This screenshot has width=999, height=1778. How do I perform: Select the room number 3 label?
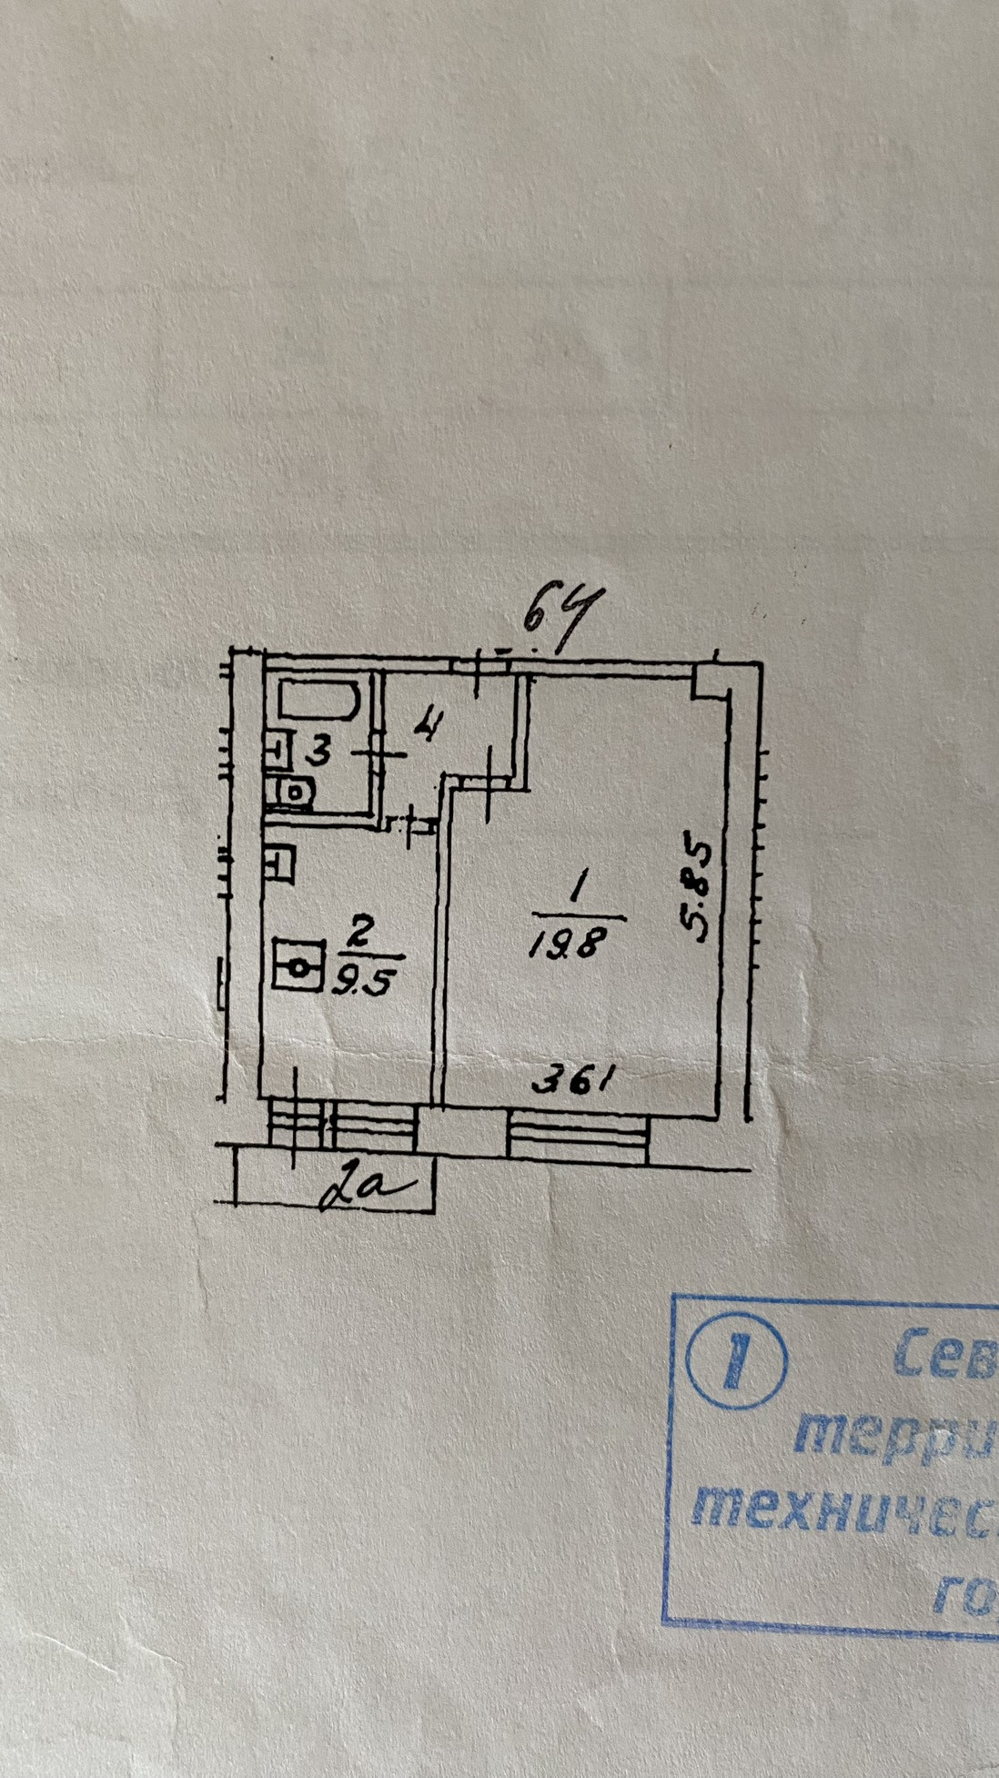316,753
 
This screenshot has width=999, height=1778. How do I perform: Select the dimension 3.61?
573,1082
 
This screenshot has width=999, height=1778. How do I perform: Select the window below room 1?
578,1137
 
